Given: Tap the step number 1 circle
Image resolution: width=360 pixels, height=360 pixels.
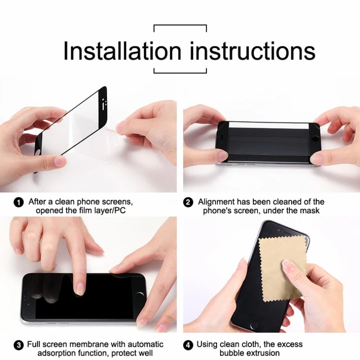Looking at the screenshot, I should point(19,202).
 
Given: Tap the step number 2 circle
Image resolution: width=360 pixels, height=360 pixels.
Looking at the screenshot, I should point(189,202).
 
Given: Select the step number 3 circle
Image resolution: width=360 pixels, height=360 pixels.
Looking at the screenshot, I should point(19,346).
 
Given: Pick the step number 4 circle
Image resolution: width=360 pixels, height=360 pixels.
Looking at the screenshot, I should point(189,346).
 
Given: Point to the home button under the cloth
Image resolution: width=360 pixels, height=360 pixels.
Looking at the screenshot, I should point(255,325).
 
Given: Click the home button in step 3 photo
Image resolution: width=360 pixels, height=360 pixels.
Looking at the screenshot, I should point(139,296).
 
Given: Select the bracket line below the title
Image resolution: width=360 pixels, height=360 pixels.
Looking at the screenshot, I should point(180,72).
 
